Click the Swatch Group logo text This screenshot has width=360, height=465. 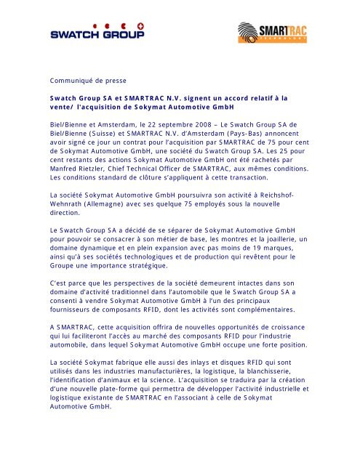(x=97, y=33)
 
